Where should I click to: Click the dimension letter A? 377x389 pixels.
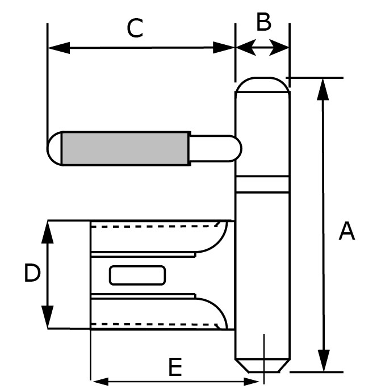[x=346, y=232]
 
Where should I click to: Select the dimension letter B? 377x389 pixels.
[x=263, y=23]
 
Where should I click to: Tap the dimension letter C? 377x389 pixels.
[x=135, y=28]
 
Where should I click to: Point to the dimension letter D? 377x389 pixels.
[x=32, y=274]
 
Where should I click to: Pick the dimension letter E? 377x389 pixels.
[x=175, y=368]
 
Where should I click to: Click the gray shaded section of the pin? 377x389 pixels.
[x=125, y=148]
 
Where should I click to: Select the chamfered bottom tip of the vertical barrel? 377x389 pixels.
[x=262, y=365]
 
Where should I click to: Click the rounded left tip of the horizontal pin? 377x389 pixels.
[x=54, y=148]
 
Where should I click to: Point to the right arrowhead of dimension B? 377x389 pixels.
[x=282, y=47]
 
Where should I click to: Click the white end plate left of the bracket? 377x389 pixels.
[x=68, y=274]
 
